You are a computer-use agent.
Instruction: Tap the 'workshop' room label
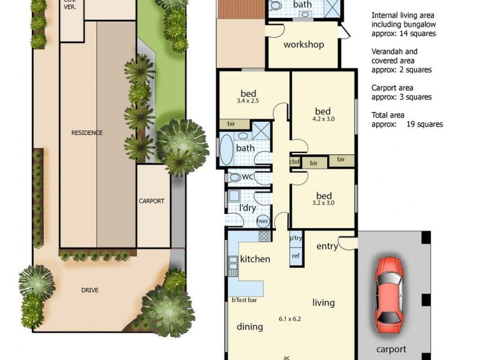click(x=304, y=44)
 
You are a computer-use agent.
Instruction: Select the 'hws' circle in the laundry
click(x=262, y=221)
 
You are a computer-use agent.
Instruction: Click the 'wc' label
click(x=248, y=177)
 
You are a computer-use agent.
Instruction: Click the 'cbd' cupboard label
click(x=295, y=161)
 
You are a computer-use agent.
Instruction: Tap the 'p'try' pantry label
click(x=296, y=238)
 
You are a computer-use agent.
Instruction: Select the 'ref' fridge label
click(x=295, y=256)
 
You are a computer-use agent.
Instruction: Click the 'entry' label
click(x=327, y=246)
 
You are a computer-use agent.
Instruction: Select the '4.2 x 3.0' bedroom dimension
click(x=323, y=120)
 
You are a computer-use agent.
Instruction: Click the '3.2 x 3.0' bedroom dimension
click(x=324, y=204)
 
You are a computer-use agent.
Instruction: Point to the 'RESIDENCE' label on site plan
click(x=87, y=133)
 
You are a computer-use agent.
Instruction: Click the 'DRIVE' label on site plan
click(x=90, y=290)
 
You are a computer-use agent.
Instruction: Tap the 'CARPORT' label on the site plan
click(x=151, y=201)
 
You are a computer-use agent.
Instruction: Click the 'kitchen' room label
click(x=255, y=259)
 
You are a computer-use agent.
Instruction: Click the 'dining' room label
click(x=250, y=326)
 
